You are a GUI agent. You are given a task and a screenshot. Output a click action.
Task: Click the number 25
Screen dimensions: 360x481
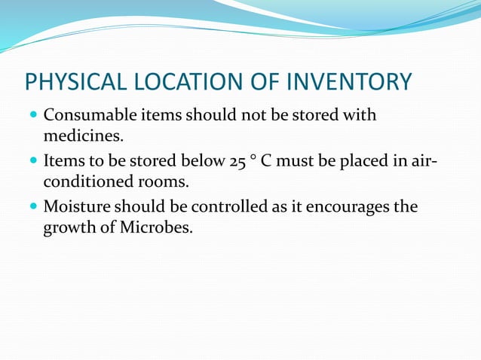[x=235, y=160]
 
